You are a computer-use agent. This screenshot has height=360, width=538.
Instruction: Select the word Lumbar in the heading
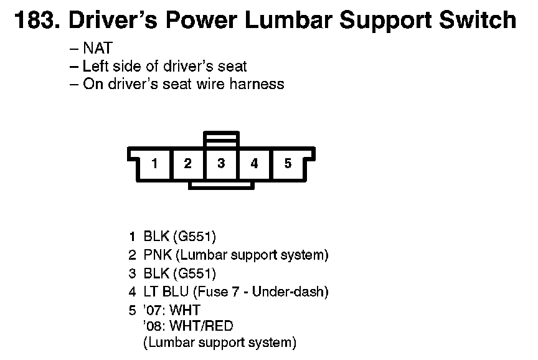(287, 21)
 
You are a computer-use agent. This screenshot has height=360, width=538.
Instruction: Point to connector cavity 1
(154, 164)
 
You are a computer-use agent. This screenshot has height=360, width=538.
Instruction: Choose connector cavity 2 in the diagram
(187, 164)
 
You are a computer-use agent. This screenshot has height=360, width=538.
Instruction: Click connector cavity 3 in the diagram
(221, 164)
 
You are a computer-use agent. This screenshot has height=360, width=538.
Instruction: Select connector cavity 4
(254, 164)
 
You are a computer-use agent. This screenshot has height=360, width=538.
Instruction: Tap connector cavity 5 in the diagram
(288, 164)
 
